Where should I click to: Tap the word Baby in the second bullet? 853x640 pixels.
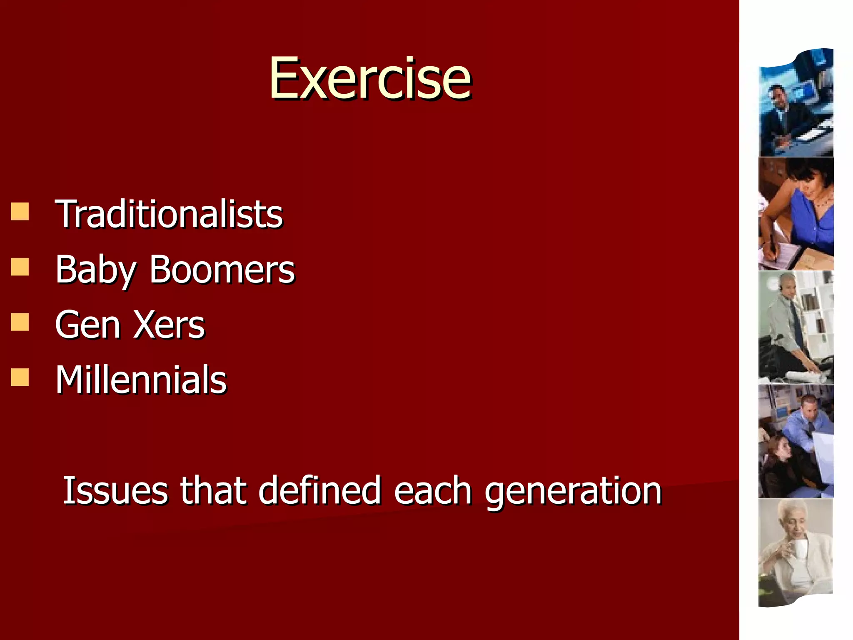pos(95,270)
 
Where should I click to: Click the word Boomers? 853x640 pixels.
pos(222,270)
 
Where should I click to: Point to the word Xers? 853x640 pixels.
pos(169,325)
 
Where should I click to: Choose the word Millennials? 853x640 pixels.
pos(141,380)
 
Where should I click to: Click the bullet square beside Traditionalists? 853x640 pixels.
pos(20,211)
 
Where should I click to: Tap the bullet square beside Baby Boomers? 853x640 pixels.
pos(20,267)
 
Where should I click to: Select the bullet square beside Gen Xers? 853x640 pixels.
pos(20,322)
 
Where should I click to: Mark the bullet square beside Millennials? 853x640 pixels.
pos(20,377)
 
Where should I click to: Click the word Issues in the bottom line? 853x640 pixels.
pos(115,490)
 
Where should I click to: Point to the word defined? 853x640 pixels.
pos(319,490)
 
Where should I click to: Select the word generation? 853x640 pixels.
pos(573,490)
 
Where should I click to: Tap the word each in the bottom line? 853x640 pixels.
pos(433,490)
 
